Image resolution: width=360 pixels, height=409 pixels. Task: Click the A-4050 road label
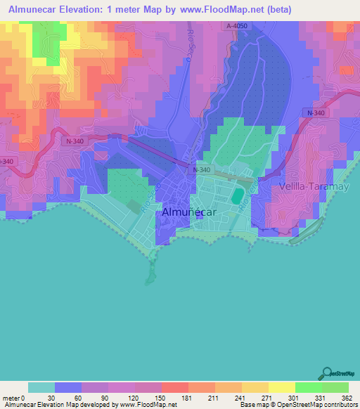tap(237, 26)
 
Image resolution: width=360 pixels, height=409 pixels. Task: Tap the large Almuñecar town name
tap(188, 211)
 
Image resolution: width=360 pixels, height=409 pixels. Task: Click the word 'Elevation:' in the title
tap(82, 10)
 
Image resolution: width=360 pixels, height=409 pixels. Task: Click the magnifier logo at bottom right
tap(328, 374)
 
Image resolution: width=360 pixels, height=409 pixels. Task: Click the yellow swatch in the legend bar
tap(281, 387)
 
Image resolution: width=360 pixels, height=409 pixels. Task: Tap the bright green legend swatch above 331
tap(308, 387)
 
